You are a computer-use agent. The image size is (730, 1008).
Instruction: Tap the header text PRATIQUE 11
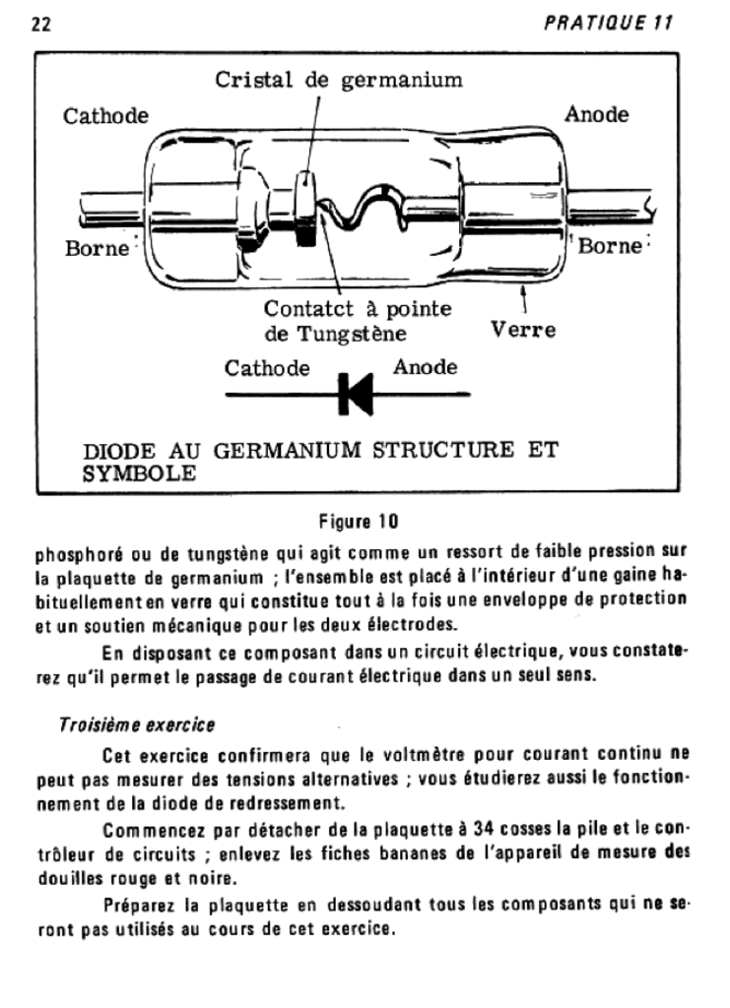[x=609, y=25]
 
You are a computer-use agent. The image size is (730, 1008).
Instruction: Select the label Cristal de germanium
[x=339, y=80]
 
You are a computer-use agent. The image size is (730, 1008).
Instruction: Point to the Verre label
[x=522, y=330]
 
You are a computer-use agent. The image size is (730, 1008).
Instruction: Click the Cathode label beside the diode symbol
[x=267, y=369]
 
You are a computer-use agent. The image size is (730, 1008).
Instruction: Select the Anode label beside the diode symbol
[x=425, y=368]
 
